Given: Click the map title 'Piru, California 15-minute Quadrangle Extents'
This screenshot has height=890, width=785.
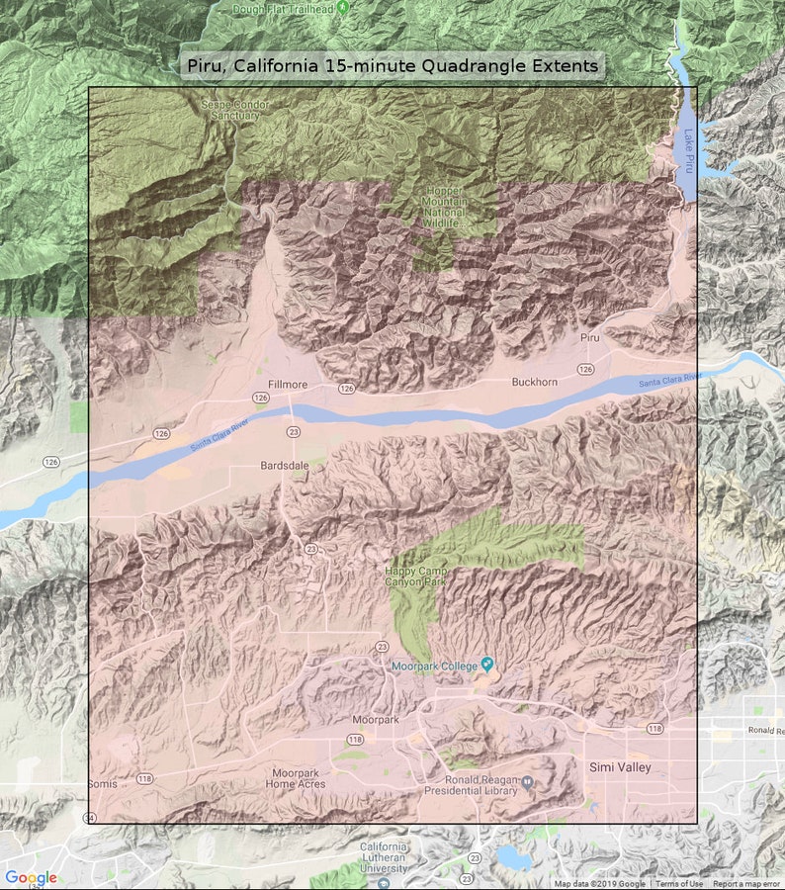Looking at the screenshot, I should (392, 66).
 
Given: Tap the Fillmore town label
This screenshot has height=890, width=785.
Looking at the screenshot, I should (288, 384).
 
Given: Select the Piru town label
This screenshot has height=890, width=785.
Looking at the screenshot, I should (590, 337).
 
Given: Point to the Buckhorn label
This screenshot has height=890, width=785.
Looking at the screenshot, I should (534, 382).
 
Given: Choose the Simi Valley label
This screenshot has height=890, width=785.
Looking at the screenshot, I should (620, 767).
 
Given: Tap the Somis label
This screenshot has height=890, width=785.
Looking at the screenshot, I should (102, 783).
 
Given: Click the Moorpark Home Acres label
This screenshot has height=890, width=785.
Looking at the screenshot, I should (295, 777).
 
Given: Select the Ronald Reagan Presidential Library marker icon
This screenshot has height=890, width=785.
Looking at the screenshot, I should (529, 782).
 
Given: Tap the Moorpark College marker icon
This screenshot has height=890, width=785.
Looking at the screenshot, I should (486, 663).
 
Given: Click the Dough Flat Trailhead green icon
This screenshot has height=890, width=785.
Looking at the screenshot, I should (342, 7).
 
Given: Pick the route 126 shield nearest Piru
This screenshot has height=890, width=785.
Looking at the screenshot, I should (586, 369).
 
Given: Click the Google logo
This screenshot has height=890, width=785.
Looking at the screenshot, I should (31, 877).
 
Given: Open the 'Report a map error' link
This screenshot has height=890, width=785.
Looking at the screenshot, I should (745, 884).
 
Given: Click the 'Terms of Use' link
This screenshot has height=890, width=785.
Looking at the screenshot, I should (679, 884).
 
